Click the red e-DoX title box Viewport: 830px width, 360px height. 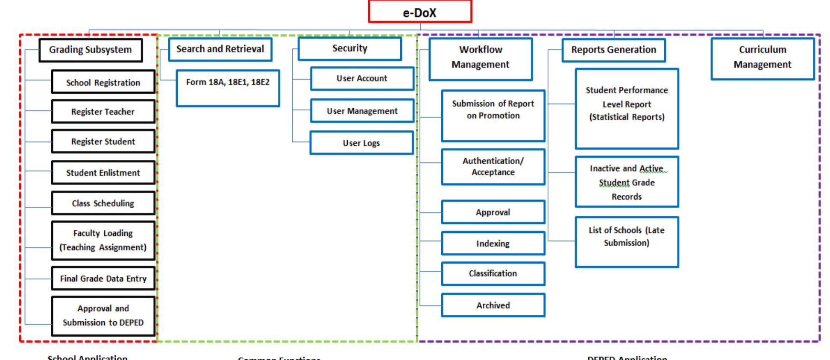pyautogui.click(x=420, y=12)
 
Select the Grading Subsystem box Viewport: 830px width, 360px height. pyautogui.click(x=91, y=50)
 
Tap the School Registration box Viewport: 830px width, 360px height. pyautogui.click(x=103, y=82)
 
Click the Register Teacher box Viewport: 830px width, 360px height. pyautogui.click(x=103, y=111)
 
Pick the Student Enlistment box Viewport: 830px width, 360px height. pyautogui.click(x=103, y=173)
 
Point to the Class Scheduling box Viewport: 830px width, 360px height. pyautogui.click(x=103, y=203)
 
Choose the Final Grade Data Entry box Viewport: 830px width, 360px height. pyautogui.click(x=103, y=278)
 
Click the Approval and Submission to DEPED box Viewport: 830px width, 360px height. pyautogui.click(x=103, y=316)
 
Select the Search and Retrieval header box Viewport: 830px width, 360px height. pyautogui.click(x=220, y=49)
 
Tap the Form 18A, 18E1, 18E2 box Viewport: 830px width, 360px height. pyautogui.click(x=228, y=88)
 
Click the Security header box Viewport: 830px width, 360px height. pyautogui.click(x=349, y=49)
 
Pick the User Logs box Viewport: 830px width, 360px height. pyautogui.click(x=361, y=143)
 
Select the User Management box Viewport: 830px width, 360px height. pyautogui.click(x=362, y=111)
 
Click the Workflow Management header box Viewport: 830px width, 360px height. pyautogui.click(x=481, y=59)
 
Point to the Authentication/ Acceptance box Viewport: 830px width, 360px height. pyautogui.click(x=493, y=167)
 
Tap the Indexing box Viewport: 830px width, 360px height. pyautogui.click(x=493, y=243)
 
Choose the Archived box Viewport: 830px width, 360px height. pyautogui.click(x=493, y=305)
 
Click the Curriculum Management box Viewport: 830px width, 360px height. pyautogui.click(x=763, y=59)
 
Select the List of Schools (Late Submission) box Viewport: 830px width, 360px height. pyautogui.click(x=627, y=242)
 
